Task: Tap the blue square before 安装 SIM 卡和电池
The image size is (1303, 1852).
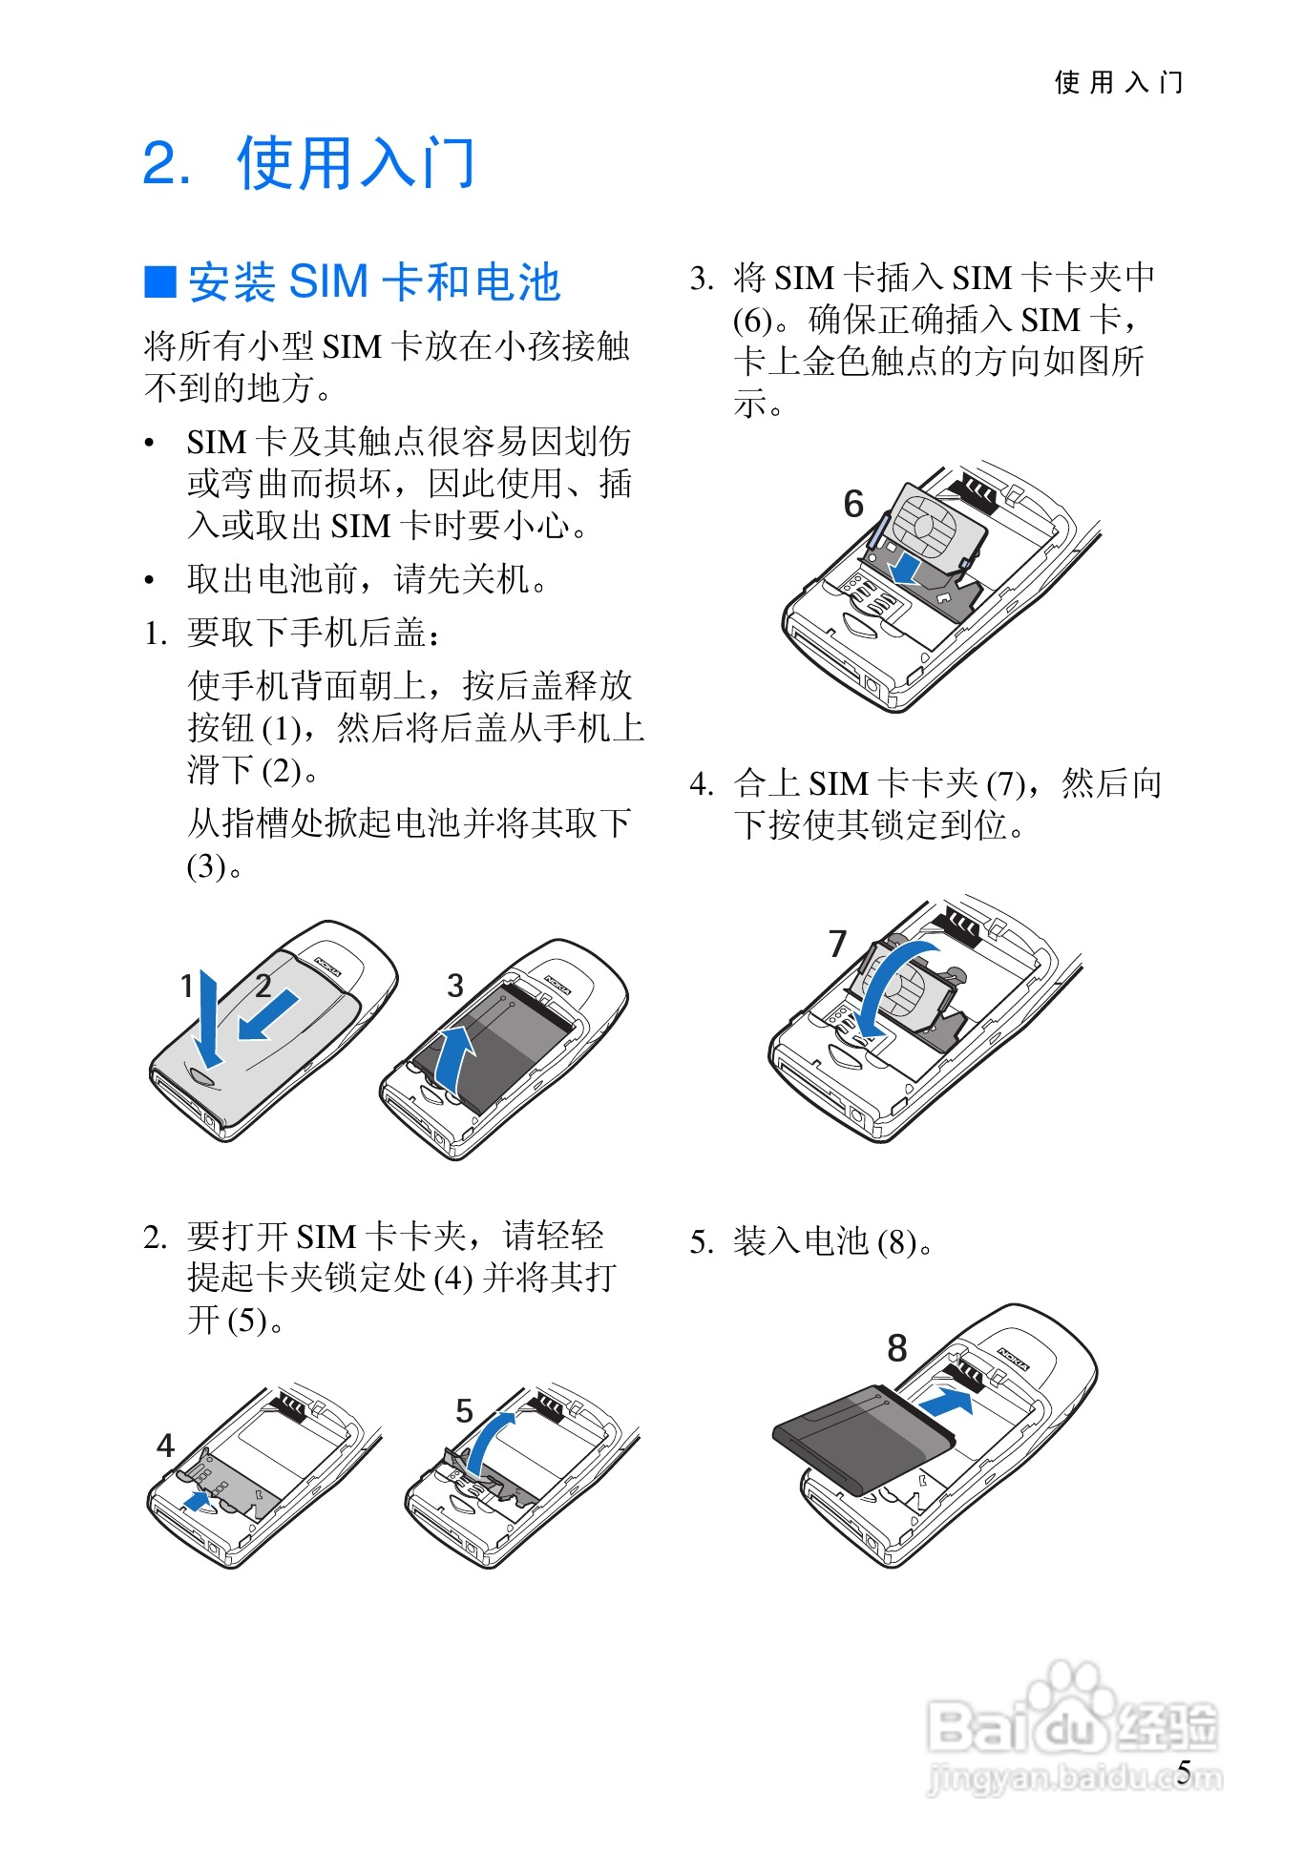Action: (x=160, y=281)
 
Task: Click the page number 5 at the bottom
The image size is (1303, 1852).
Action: (x=1184, y=1772)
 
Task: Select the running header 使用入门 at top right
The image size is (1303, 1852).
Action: (x=1119, y=83)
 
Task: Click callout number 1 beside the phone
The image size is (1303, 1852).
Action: (x=187, y=985)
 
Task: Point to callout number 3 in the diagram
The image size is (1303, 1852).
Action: (x=455, y=986)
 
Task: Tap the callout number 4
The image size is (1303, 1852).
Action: (x=165, y=1446)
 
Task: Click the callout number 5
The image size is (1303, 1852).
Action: (x=464, y=1410)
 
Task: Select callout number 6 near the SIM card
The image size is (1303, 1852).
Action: (x=853, y=504)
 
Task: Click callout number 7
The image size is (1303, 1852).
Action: (x=838, y=944)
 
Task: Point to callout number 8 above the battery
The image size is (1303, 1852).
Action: (x=896, y=1348)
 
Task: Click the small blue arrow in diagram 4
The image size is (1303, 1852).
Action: (x=197, y=1502)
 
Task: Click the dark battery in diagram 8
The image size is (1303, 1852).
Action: (x=863, y=1438)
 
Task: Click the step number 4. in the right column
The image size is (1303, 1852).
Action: (x=702, y=784)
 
